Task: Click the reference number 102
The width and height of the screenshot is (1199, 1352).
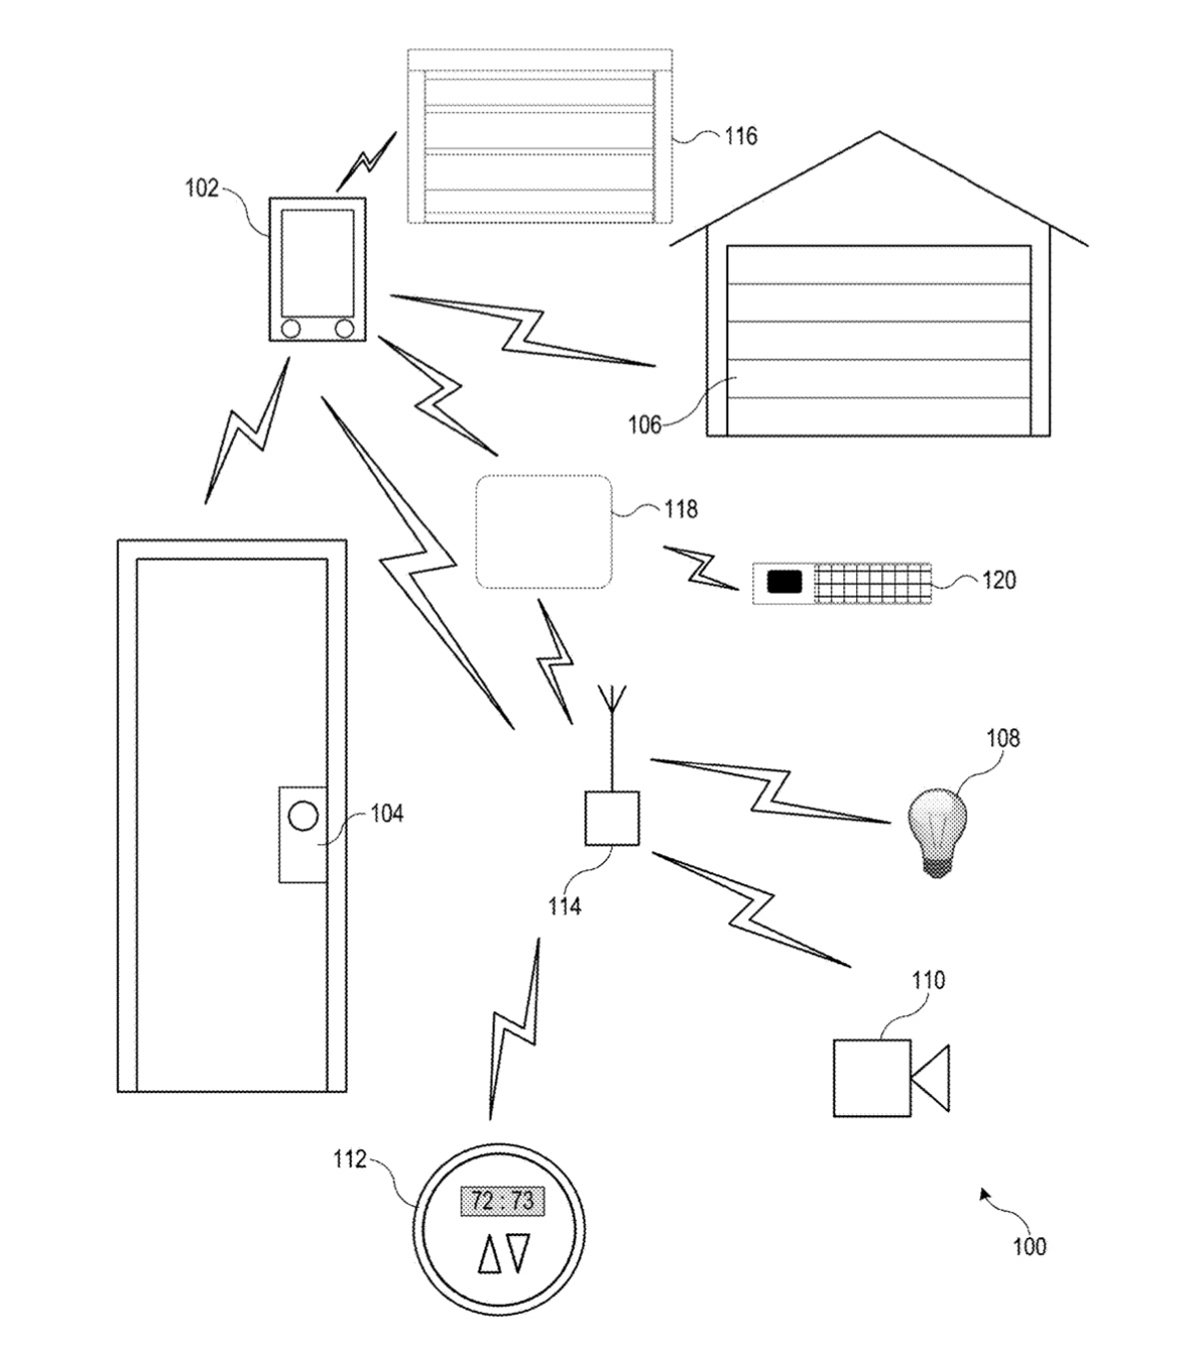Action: [x=202, y=188]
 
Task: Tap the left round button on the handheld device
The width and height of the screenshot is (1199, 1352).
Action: [x=291, y=328]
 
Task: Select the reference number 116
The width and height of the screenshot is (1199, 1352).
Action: [x=740, y=136]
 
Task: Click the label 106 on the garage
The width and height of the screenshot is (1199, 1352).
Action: [x=644, y=425]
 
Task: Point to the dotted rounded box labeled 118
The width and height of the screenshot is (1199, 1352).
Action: [x=543, y=532]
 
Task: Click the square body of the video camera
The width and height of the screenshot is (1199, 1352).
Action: [x=871, y=1077]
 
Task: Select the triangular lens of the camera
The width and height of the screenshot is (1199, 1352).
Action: [x=932, y=1078]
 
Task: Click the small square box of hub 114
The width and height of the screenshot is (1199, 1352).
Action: [x=611, y=818]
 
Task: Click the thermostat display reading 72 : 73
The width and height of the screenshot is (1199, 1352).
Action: [x=502, y=1202]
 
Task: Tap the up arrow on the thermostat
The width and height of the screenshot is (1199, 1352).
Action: [x=490, y=1254]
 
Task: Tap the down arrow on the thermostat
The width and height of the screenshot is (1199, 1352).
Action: [x=518, y=1253]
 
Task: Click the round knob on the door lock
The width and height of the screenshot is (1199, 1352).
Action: [x=303, y=816]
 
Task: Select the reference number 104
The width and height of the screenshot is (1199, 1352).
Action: [x=386, y=814]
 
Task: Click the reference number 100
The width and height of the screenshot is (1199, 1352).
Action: [x=1029, y=1246]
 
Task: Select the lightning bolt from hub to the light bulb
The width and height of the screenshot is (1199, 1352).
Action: [x=770, y=789]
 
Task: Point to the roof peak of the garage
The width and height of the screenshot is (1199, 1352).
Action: [x=879, y=133]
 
